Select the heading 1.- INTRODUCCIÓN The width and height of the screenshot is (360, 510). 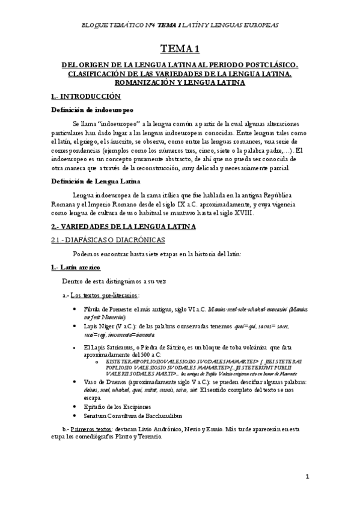point(86,96)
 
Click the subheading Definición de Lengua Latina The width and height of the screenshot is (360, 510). point(96,181)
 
